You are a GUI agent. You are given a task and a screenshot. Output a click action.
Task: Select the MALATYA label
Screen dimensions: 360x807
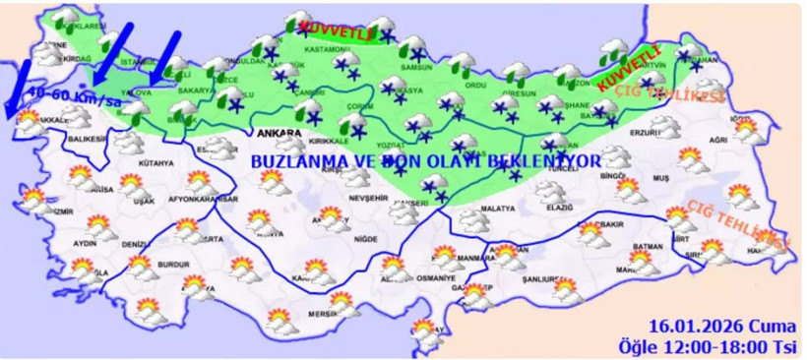[499, 210]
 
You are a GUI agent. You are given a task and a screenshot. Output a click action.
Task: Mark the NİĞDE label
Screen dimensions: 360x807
[366, 239]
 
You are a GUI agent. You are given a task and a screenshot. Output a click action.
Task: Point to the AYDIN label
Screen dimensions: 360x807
[85, 242]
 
